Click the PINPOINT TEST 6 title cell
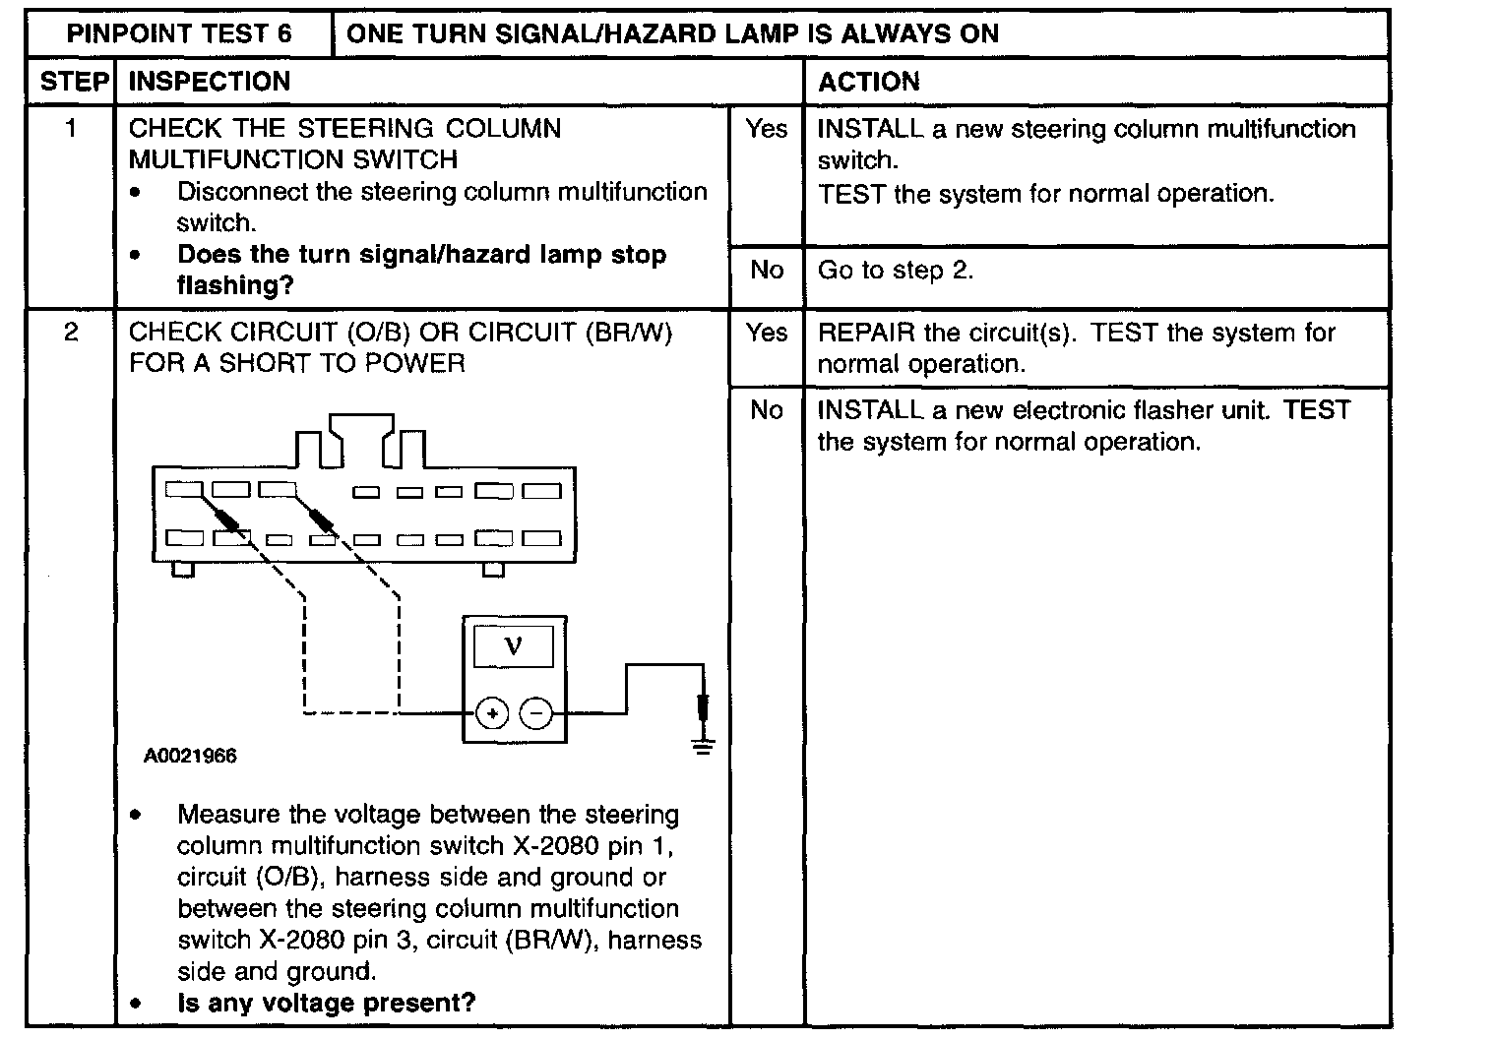point(179,34)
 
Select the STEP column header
point(74,82)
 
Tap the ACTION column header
point(868,82)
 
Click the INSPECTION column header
point(210,82)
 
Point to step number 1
point(71,129)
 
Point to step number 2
point(71,333)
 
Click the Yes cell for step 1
point(766,129)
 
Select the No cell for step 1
point(766,271)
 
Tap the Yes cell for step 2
point(766,333)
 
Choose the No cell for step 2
point(766,410)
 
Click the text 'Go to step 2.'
point(896,271)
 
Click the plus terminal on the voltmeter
point(492,712)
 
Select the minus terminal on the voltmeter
point(536,712)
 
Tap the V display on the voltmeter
point(513,646)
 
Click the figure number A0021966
point(190,757)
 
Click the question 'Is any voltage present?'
point(326,1004)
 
